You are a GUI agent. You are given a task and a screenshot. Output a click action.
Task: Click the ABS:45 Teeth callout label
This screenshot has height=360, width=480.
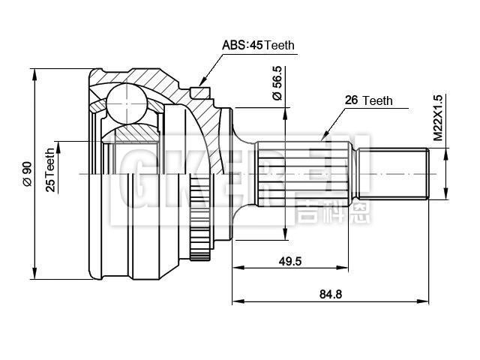[x=258, y=45]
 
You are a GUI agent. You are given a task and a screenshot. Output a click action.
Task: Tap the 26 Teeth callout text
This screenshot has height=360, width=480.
[x=368, y=100]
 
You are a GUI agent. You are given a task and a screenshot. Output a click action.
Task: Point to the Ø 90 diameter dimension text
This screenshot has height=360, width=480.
[x=26, y=173]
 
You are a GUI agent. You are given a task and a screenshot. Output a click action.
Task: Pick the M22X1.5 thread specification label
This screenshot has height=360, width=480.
[x=439, y=118]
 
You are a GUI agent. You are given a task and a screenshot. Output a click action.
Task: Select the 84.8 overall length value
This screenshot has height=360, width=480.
[x=330, y=294]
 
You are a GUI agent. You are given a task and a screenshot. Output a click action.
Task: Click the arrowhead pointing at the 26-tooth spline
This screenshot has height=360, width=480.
[x=325, y=137]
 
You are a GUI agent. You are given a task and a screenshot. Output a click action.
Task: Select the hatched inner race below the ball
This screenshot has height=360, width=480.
[x=132, y=133]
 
